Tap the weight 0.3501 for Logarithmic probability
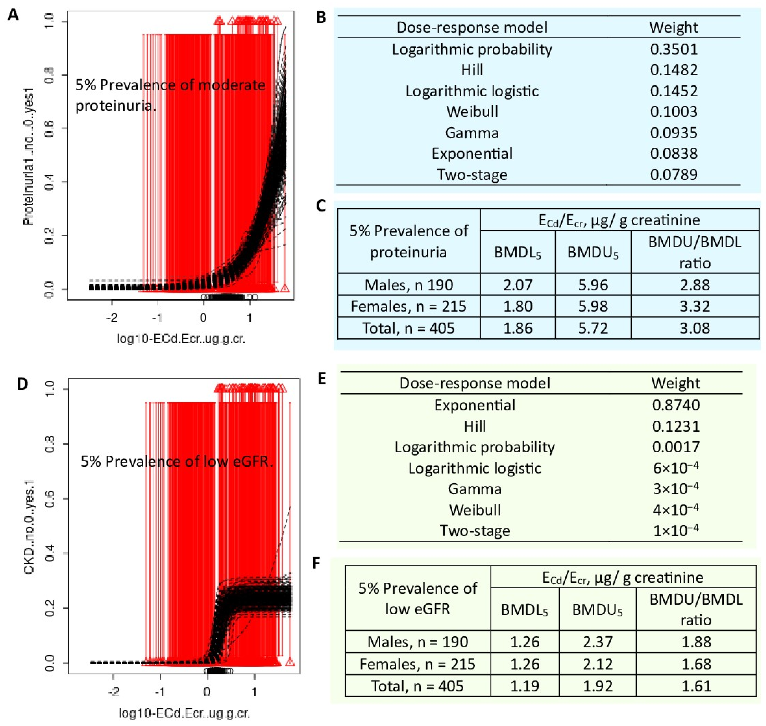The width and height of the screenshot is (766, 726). [x=674, y=49]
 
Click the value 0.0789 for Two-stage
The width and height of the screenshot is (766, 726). [x=674, y=174]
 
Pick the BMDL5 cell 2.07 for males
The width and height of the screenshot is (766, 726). [x=518, y=285]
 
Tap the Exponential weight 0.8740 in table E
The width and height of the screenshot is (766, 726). [x=676, y=405]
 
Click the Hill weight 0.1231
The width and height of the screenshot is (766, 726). [x=676, y=426]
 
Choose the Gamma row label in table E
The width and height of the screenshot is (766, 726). [x=475, y=489]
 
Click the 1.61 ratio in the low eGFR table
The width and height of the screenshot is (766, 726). [x=696, y=686]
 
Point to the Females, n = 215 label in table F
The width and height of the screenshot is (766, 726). [x=418, y=664]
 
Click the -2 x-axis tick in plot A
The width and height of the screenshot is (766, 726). [x=112, y=318]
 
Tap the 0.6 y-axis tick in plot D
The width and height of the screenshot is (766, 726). [x=50, y=499]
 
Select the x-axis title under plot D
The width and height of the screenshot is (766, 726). [x=184, y=713]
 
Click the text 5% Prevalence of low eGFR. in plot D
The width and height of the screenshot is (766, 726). [x=177, y=461]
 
